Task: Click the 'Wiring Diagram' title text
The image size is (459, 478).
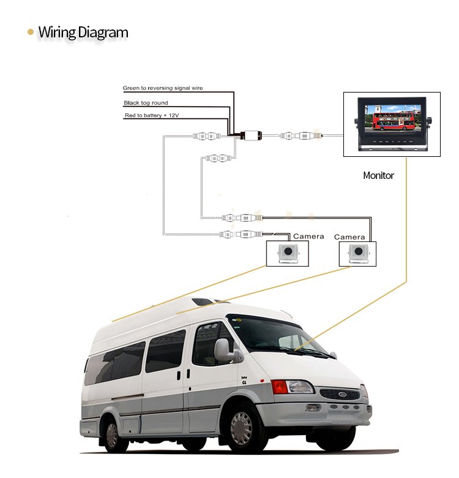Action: pos(83,32)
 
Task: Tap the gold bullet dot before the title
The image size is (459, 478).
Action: pos(31,32)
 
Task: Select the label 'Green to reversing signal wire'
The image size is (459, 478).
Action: pos(163,88)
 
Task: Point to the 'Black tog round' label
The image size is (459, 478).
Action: pos(146,103)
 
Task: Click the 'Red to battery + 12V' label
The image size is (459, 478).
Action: pos(152,115)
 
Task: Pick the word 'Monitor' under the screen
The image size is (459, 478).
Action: pos(378,175)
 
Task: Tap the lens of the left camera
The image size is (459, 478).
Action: pos(288,251)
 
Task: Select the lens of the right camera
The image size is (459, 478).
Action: pos(358,251)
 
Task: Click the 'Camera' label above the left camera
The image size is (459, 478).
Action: pos(308,237)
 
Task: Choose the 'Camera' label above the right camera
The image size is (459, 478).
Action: pos(349,237)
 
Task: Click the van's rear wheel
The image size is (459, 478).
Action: pos(112,435)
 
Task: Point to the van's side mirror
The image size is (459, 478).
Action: pos(222,350)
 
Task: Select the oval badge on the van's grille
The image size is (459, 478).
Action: pos(343,394)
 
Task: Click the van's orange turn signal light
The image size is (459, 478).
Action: pos(279,387)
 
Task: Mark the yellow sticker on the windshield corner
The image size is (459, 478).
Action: pos(239,320)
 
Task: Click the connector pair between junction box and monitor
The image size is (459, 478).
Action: pos(300,135)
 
